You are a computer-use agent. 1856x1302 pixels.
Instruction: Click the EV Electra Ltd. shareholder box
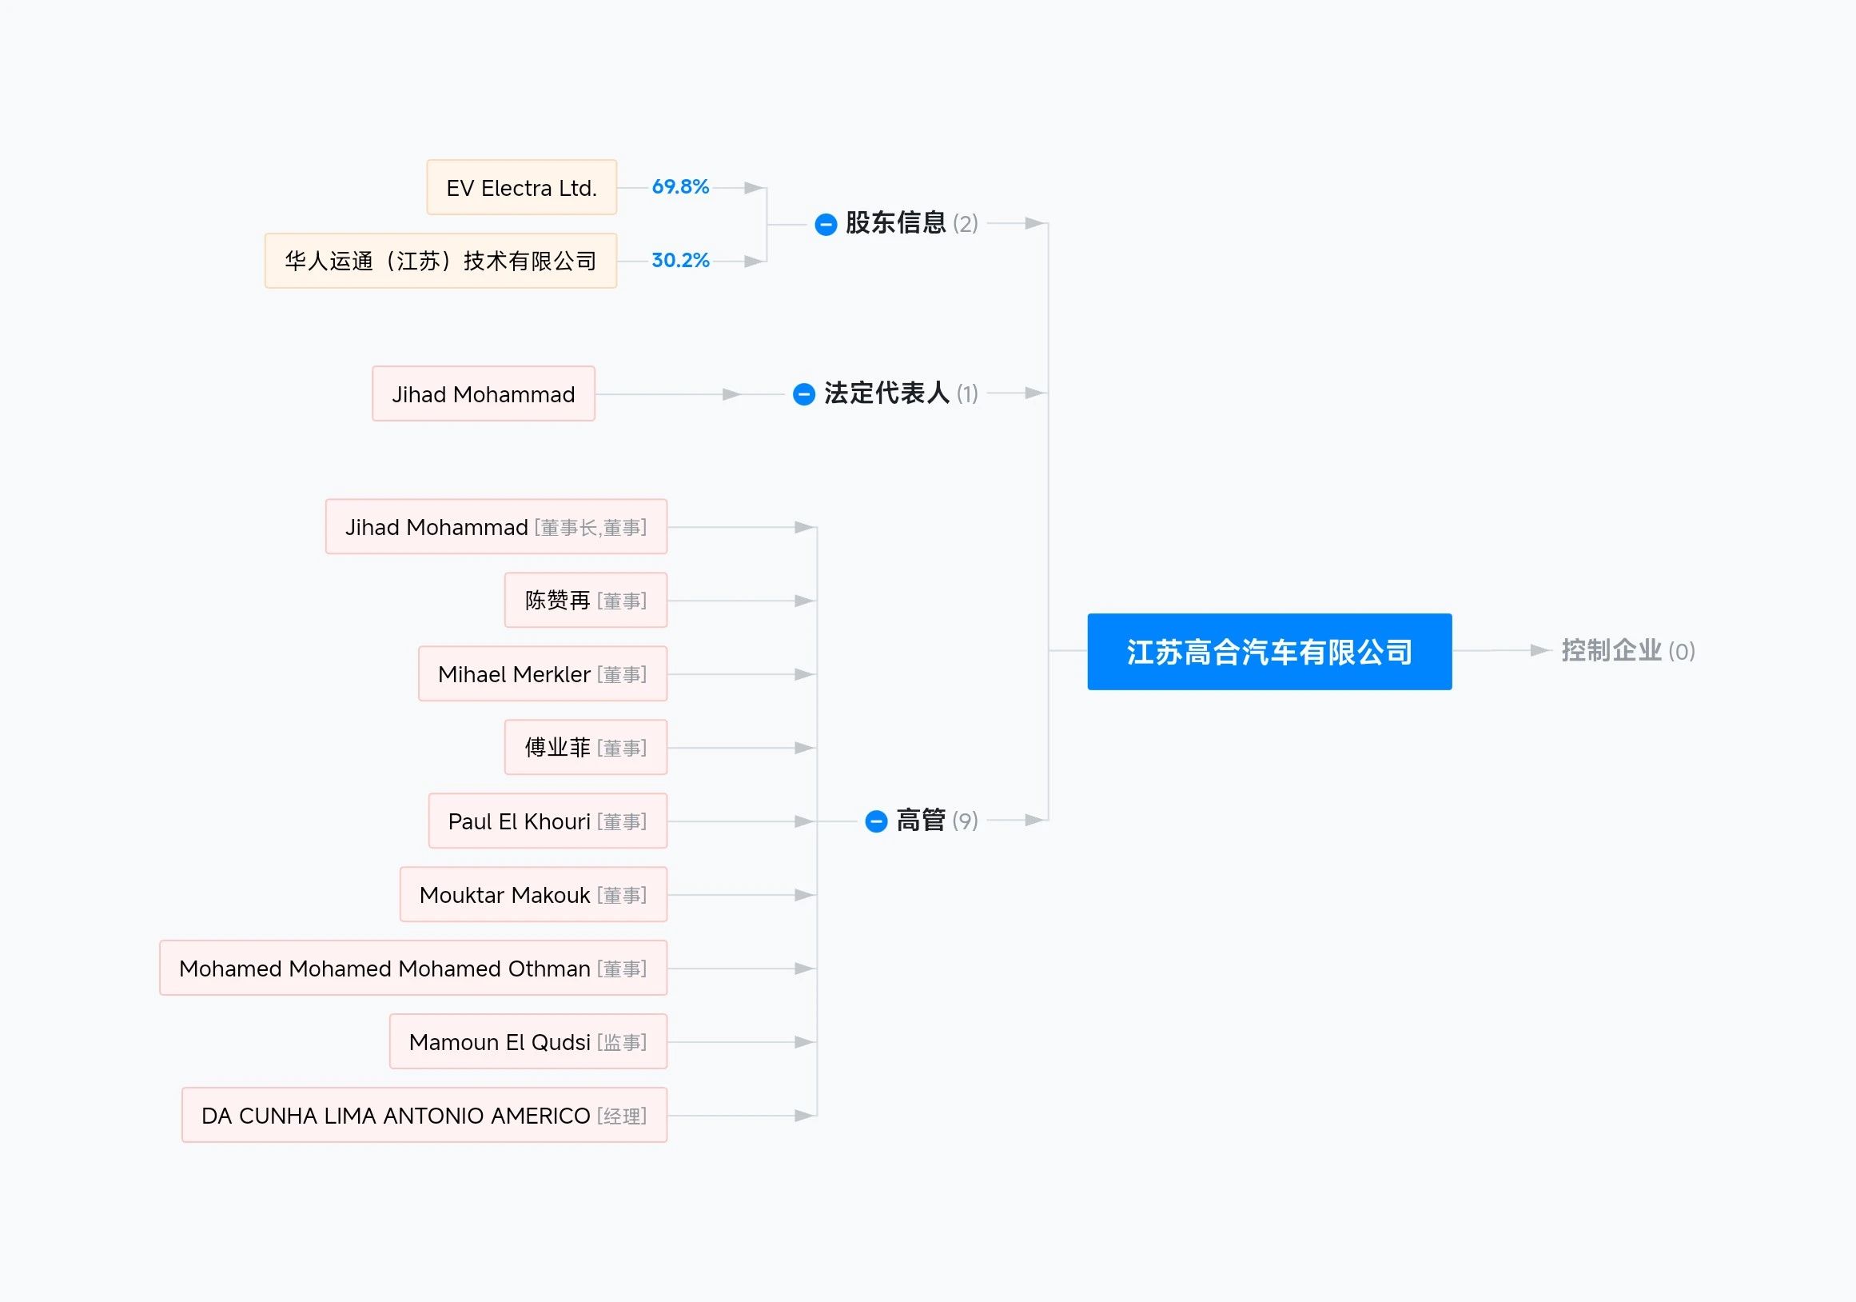click(x=521, y=188)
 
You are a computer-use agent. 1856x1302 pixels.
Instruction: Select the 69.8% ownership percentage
click(x=681, y=187)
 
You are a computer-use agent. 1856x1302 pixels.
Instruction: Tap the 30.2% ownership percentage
click(x=681, y=261)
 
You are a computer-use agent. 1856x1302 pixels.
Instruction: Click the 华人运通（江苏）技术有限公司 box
click(x=440, y=262)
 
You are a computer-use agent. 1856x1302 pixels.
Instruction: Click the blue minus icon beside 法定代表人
click(x=804, y=393)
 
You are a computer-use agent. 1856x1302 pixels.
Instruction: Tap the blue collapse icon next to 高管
click(x=876, y=821)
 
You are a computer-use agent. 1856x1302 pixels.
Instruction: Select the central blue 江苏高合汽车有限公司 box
click(x=1269, y=652)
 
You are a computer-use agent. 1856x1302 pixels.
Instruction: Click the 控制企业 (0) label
click(x=1628, y=651)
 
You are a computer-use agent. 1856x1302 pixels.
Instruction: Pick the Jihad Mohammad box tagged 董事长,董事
click(x=496, y=527)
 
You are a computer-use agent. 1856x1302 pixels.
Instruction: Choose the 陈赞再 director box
click(x=586, y=601)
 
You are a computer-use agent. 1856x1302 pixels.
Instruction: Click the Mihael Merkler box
click(x=544, y=674)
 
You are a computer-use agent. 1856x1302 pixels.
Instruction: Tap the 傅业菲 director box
click(x=586, y=748)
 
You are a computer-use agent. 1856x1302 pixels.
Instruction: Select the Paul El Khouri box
click(x=548, y=821)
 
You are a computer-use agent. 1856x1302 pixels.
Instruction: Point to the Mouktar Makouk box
click(x=533, y=895)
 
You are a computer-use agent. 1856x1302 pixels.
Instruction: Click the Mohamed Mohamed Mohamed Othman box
click(x=414, y=969)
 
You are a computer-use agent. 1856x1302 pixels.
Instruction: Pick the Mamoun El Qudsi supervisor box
click(x=528, y=1042)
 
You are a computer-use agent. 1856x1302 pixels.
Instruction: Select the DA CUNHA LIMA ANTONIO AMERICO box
click(x=424, y=1116)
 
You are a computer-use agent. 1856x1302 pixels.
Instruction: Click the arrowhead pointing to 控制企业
click(x=1541, y=650)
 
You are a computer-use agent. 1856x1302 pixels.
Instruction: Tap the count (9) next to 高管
click(x=966, y=821)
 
